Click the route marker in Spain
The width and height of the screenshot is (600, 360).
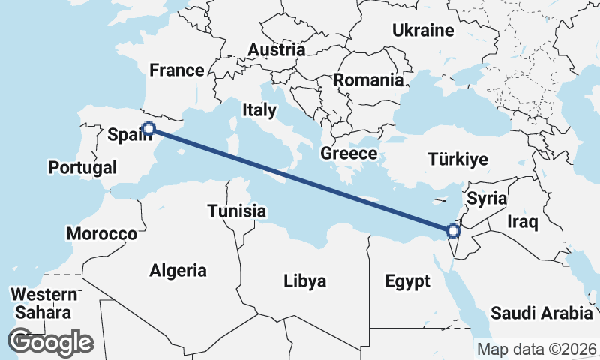click(x=148, y=129)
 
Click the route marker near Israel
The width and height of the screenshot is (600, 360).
click(x=452, y=232)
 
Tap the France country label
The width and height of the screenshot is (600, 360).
click(x=177, y=70)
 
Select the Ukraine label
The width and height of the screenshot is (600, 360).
click(x=424, y=31)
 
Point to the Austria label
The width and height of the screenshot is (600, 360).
click(x=277, y=50)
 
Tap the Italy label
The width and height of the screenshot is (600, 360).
click(x=259, y=110)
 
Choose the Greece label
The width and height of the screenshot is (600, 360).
click(x=348, y=154)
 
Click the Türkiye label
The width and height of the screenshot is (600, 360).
click(x=457, y=159)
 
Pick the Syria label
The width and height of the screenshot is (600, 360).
click(x=486, y=199)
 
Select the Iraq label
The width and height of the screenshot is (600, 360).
click(x=523, y=222)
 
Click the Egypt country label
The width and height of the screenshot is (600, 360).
click(x=408, y=281)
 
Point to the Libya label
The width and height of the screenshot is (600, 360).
click(x=305, y=281)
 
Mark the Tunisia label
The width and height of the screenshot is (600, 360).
click(x=236, y=211)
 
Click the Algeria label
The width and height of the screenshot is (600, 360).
click(x=178, y=270)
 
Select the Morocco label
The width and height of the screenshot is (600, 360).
click(x=102, y=234)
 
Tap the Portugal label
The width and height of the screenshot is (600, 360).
click(x=82, y=167)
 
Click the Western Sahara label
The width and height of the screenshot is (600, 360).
click(x=45, y=303)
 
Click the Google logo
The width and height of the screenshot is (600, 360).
click(x=51, y=342)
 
